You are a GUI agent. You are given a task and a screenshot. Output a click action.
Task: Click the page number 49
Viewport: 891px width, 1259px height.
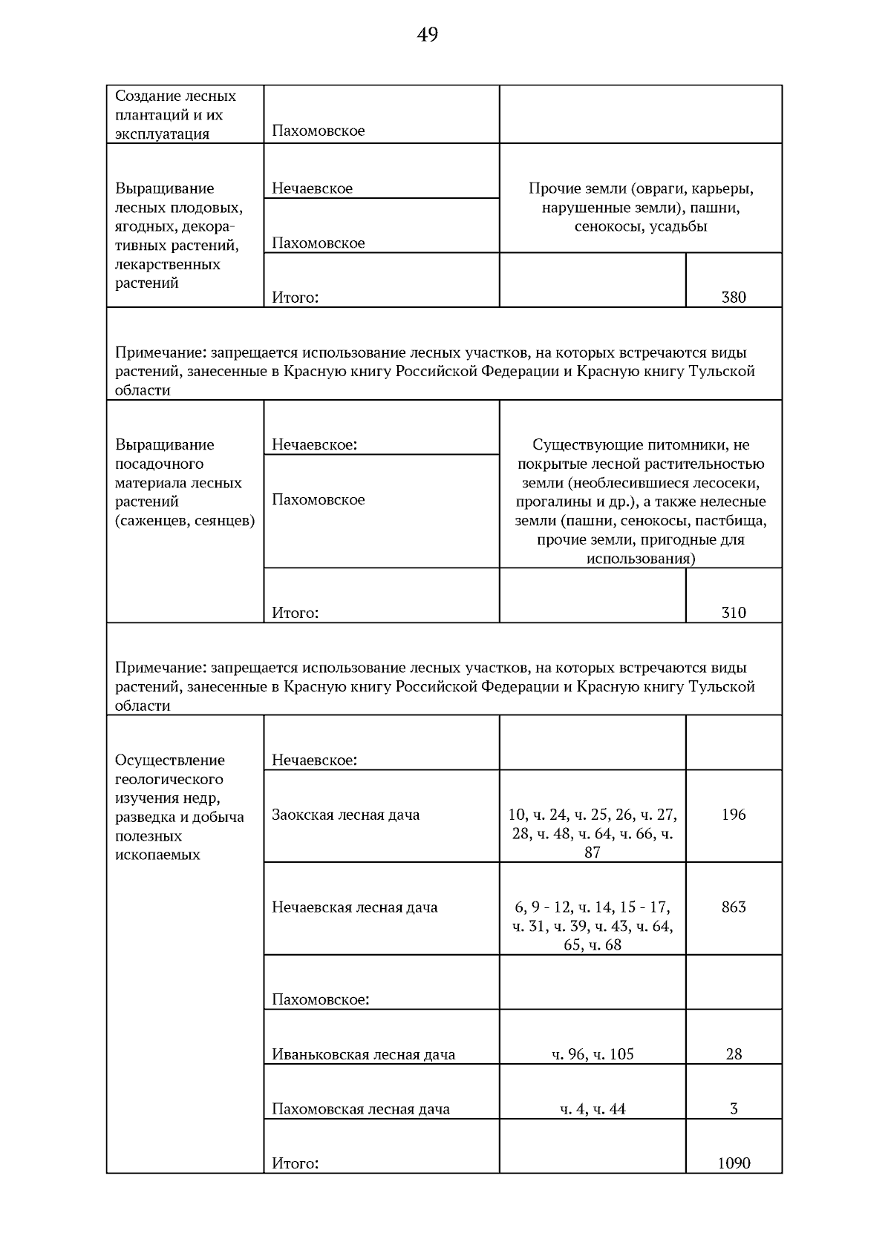tap(428, 35)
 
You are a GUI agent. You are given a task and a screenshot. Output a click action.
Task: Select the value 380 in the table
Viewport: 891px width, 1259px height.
tap(734, 298)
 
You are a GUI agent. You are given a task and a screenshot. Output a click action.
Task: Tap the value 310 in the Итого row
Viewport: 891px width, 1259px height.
tap(734, 613)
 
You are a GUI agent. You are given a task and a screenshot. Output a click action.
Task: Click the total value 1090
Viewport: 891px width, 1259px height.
tap(734, 1163)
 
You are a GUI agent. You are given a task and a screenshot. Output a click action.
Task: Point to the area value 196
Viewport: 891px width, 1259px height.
tap(734, 815)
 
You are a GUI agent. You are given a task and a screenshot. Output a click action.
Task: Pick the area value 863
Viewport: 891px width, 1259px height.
tap(734, 907)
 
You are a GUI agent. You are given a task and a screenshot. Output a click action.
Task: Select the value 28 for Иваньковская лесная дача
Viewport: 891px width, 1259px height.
tap(734, 1054)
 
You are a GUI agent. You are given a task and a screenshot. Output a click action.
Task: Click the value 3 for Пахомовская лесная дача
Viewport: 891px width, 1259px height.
tap(734, 1109)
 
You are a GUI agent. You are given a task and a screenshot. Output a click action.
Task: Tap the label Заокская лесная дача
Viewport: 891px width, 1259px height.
tap(345, 815)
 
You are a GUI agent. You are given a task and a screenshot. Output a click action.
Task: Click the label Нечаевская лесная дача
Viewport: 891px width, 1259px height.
tap(354, 907)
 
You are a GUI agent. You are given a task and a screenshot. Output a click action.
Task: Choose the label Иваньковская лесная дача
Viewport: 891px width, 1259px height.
tap(363, 1054)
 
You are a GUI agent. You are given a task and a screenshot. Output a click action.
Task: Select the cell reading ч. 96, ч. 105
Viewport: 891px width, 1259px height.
tap(593, 1054)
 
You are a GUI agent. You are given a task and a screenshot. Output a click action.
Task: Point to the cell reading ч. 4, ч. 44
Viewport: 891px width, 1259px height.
tap(593, 1109)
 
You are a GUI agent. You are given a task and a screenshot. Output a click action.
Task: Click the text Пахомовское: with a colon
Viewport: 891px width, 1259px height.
tap(320, 999)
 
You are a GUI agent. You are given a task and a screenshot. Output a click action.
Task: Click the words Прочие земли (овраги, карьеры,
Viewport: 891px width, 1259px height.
tap(641, 188)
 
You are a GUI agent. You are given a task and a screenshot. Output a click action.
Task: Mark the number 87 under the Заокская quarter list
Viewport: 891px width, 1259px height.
tap(593, 852)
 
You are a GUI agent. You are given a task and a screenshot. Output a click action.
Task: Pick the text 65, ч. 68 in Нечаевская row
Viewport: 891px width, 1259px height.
tap(593, 945)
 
